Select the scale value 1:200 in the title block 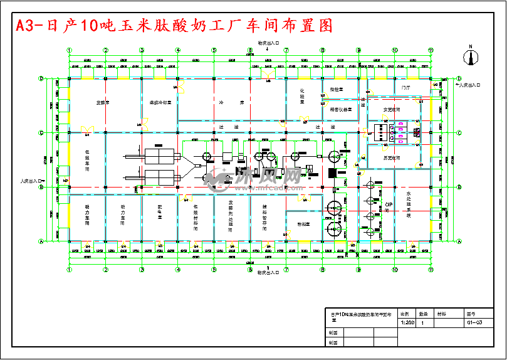[407, 323]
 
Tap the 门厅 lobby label [405, 89]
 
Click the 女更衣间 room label [392, 109]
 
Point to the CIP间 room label [389, 207]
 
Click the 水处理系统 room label [409, 204]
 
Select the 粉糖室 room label [303, 224]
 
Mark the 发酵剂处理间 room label [231, 216]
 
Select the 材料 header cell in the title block [442, 313]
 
